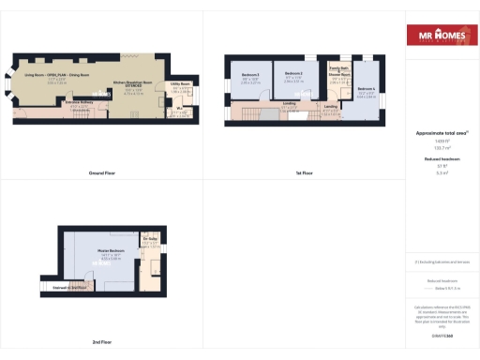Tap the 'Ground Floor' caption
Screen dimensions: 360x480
coord(101,174)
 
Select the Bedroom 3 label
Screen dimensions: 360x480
coord(292,73)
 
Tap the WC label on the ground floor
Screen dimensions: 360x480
coord(179,111)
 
